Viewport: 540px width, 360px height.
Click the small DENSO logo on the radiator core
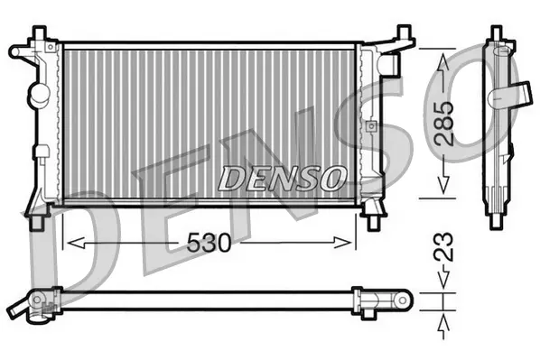[281, 177]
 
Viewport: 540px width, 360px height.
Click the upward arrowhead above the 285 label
[442, 60]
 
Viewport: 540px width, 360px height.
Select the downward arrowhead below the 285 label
[442, 184]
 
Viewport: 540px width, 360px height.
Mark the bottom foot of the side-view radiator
[497, 219]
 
